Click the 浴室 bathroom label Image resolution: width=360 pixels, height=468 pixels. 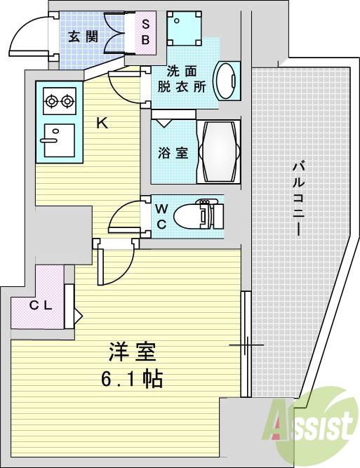(x=173, y=152)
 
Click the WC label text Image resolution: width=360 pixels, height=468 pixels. (x=161, y=215)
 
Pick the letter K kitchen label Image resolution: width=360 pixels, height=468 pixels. (x=102, y=123)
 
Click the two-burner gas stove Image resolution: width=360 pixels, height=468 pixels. (x=59, y=102)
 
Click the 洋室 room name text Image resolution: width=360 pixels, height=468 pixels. (x=131, y=350)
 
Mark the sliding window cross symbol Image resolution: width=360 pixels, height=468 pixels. (x=246, y=345)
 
